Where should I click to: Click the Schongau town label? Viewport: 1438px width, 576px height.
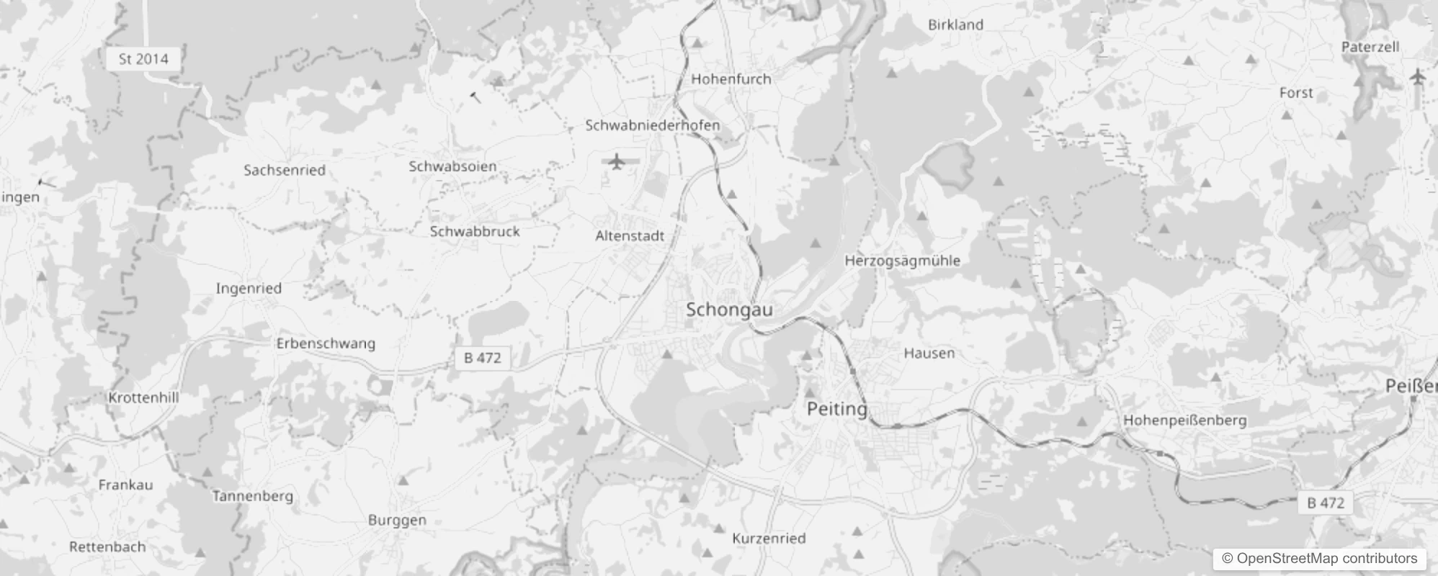point(729,310)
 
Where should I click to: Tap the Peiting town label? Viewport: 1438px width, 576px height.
point(836,409)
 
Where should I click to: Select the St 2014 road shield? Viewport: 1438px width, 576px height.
point(143,59)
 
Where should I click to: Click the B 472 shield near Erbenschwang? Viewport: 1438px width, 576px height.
point(482,358)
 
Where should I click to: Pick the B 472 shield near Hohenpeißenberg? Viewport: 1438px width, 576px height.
point(1326,503)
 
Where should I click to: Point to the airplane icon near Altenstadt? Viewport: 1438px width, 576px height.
point(616,161)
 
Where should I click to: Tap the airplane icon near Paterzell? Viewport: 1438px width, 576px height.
point(1418,76)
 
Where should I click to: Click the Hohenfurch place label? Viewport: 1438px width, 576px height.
point(731,79)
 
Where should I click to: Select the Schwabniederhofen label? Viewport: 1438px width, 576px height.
point(652,125)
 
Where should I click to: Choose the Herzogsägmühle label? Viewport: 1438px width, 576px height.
point(902,261)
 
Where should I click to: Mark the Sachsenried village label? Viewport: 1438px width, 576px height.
point(284,171)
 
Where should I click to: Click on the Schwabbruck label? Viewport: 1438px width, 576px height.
point(474,232)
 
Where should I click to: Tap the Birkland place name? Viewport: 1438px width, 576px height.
point(955,24)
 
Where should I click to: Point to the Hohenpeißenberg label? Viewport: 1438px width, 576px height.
point(1184,420)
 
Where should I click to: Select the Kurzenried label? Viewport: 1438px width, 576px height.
point(769,539)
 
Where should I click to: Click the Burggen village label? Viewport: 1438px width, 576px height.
point(397,520)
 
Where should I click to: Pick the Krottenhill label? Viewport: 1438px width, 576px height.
point(143,397)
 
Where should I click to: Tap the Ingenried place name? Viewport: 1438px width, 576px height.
point(249,289)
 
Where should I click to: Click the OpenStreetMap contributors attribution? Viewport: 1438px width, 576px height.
point(1319,559)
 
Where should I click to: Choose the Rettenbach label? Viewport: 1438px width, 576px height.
point(107,546)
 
